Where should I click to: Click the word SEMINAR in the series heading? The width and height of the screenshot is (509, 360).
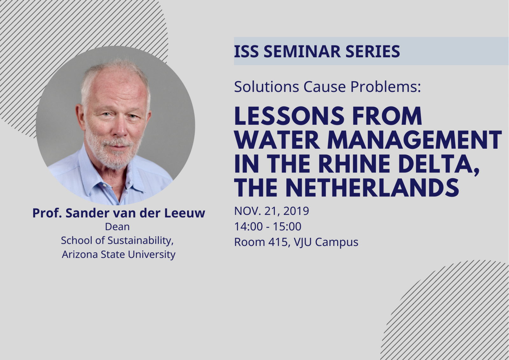pos(302,51)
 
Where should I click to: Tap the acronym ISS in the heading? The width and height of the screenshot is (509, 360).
pos(246,51)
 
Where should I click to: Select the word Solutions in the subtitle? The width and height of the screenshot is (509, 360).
pos(267,87)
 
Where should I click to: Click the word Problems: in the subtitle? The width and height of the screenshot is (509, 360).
pos(386,87)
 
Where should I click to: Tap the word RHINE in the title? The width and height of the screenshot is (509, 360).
pos(354,164)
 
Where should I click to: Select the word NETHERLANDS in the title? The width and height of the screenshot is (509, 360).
pos(372,187)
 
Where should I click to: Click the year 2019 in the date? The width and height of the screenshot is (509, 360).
pos(296,211)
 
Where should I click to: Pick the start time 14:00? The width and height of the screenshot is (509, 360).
pos(248,227)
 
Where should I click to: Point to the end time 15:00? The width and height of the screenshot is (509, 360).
pos(287,227)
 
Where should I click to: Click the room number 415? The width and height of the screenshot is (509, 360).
pos(278,242)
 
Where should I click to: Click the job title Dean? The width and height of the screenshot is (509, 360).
pos(117,227)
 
